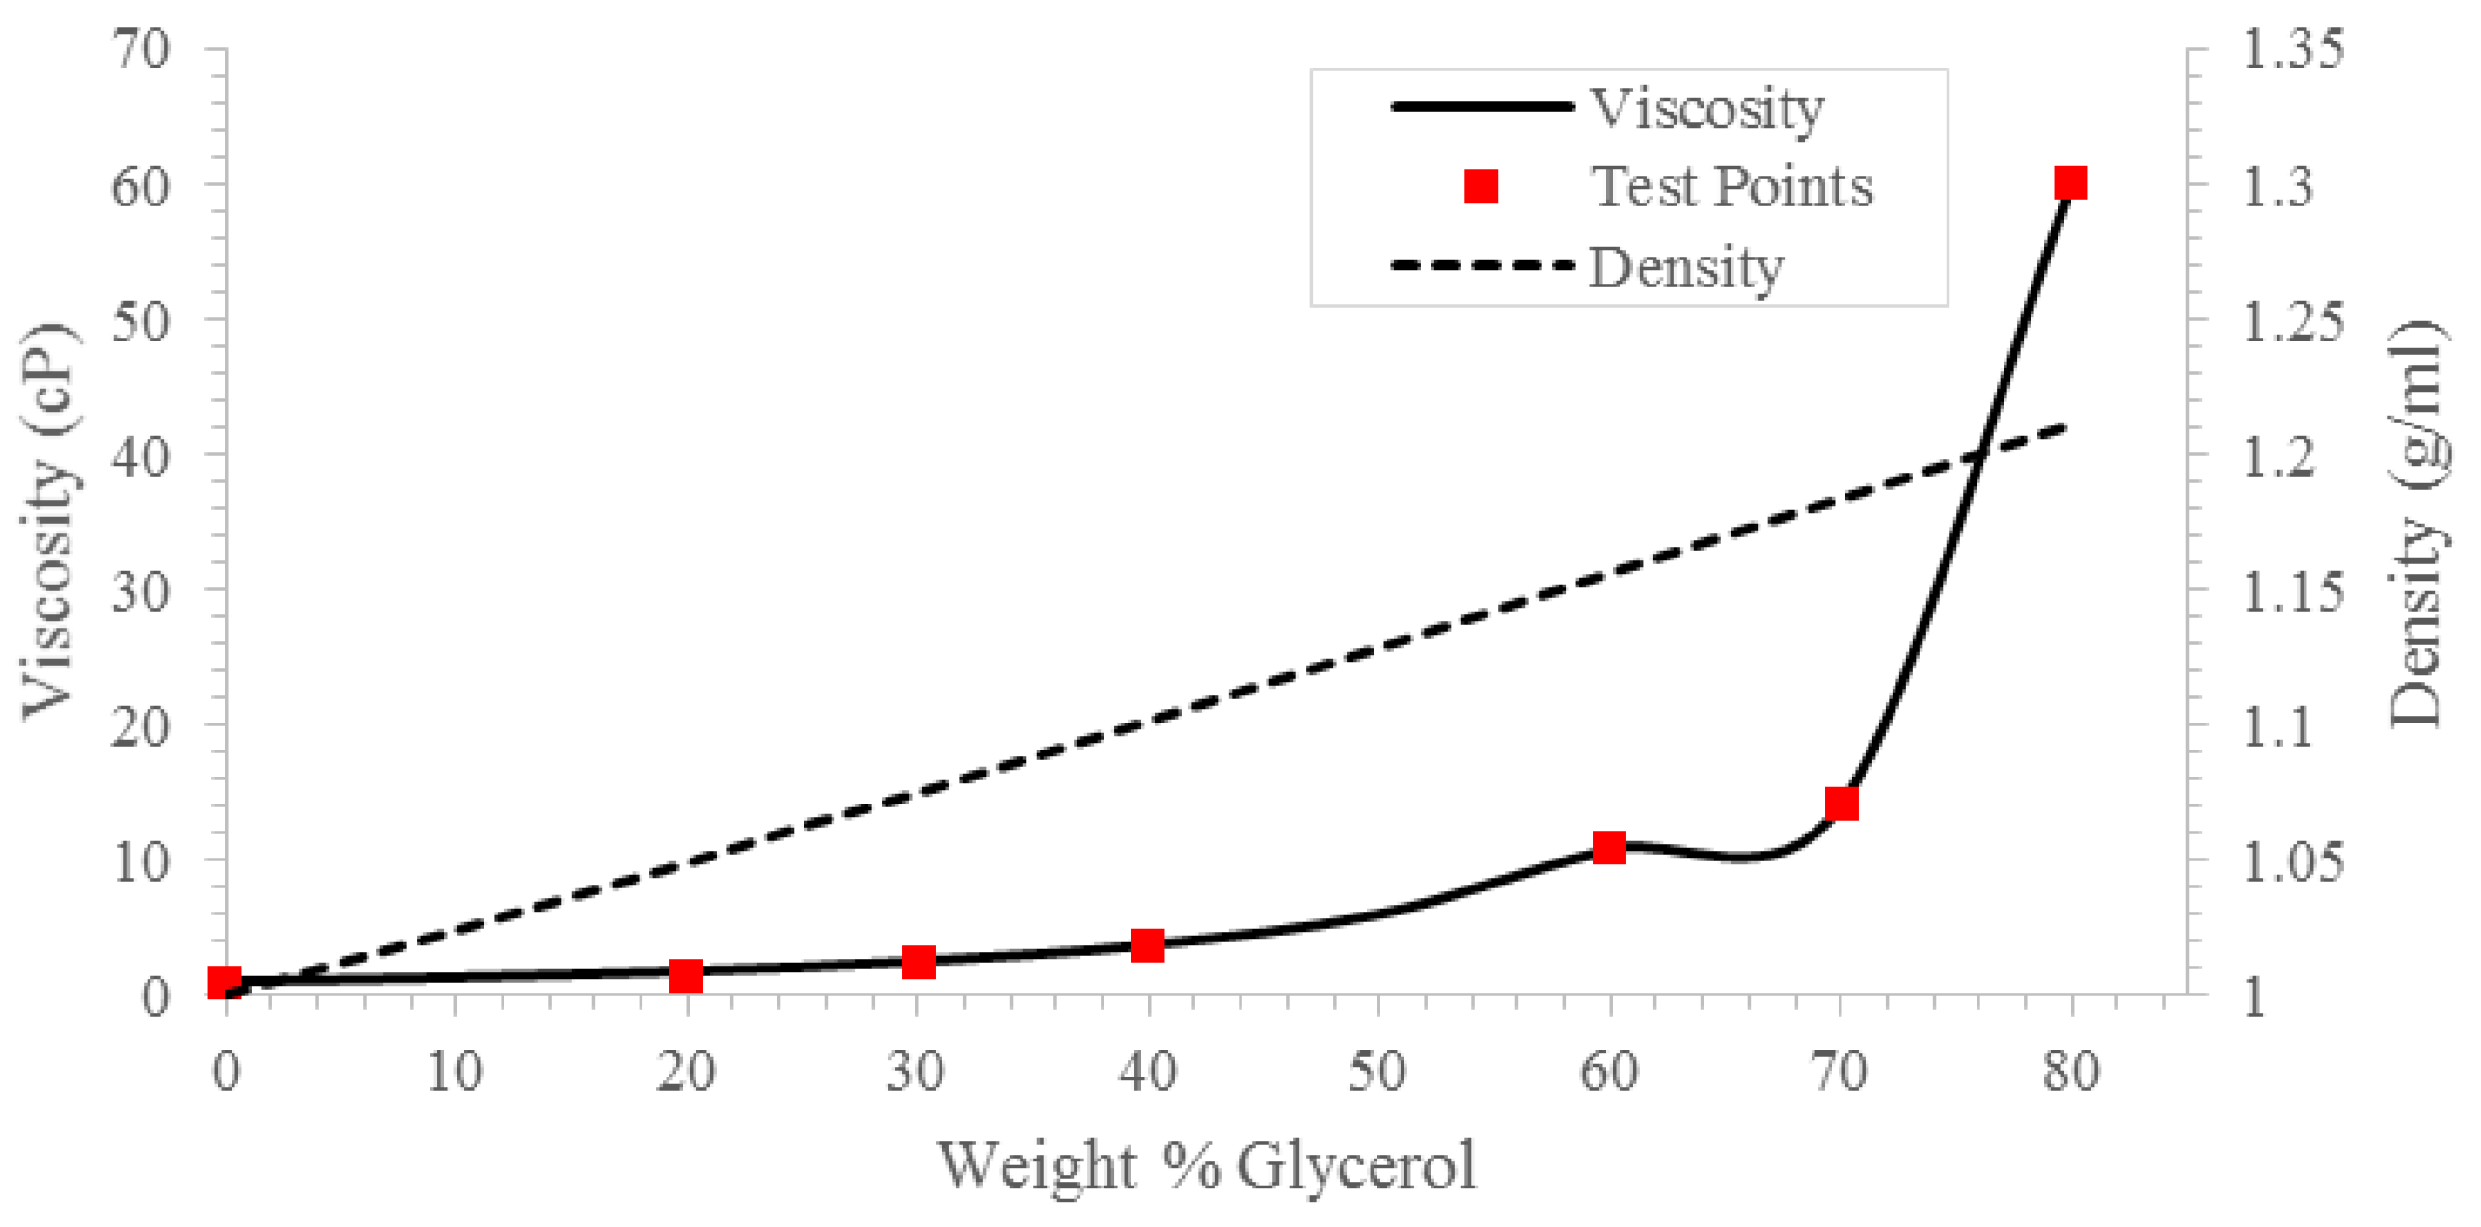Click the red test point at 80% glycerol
pyautogui.click(x=2070, y=182)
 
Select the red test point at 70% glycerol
pyautogui.click(x=1840, y=803)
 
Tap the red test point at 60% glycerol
pyautogui.click(x=1609, y=847)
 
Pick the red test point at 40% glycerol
pyautogui.click(x=1147, y=945)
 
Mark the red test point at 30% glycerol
pyautogui.click(x=918, y=962)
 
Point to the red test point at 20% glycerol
pyautogui.click(x=686, y=975)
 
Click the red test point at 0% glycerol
pyautogui.click(x=225, y=982)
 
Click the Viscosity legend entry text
pyautogui.click(x=1705, y=108)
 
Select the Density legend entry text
pyautogui.click(x=1685, y=267)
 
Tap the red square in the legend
pyautogui.click(x=1481, y=185)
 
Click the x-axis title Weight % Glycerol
pyautogui.click(x=1207, y=1165)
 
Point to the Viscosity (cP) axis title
pyautogui.click(x=48, y=521)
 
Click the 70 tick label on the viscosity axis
pyautogui.click(x=141, y=48)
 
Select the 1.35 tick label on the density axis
pyautogui.click(x=2292, y=48)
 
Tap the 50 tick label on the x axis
pyautogui.click(x=1377, y=1072)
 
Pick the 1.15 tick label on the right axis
pyautogui.click(x=2292, y=590)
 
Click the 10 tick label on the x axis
pyautogui.click(x=454, y=1072)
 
